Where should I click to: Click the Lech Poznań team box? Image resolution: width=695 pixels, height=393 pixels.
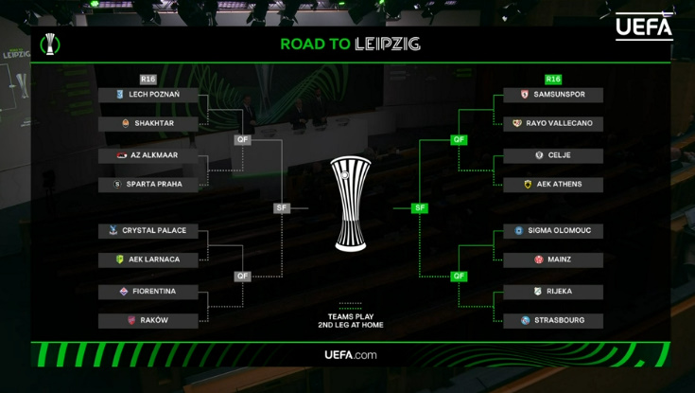pos(148,95)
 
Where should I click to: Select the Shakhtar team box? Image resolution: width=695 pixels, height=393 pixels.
pos(148,124)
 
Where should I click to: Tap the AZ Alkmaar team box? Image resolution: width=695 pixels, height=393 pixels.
pos(148,156)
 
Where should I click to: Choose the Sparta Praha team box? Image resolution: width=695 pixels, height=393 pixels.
pos(148,185)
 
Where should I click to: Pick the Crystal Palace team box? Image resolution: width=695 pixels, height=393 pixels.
pos(148,231)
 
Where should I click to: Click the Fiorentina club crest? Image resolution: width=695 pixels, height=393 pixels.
pos(124,292)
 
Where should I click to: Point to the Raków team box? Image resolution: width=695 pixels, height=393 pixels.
pos(148,321)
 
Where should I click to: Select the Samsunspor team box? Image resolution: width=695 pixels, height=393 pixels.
pos(553,95)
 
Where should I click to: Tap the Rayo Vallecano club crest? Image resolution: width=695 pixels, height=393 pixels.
pos(517,123)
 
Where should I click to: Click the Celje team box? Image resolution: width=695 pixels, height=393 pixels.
pos(553,156)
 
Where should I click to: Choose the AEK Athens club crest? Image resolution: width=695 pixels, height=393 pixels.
pos(528,185)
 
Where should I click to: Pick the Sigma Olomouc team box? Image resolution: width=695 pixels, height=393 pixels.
pos(553,231)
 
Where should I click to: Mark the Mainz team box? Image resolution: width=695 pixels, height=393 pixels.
pos(553,259)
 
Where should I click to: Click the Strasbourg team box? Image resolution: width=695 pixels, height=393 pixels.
pos(553,321)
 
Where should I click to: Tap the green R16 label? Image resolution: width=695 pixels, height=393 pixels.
pos(553,80)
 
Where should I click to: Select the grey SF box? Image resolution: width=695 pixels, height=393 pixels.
pos(282,207)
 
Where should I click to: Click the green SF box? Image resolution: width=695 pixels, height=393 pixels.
pos(419,207)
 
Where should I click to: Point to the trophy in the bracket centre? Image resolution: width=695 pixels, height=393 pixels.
pos(351,204)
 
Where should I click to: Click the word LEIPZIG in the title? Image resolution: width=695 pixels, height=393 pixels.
pos(388,44)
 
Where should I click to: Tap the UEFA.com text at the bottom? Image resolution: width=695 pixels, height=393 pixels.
pos(351,355)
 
